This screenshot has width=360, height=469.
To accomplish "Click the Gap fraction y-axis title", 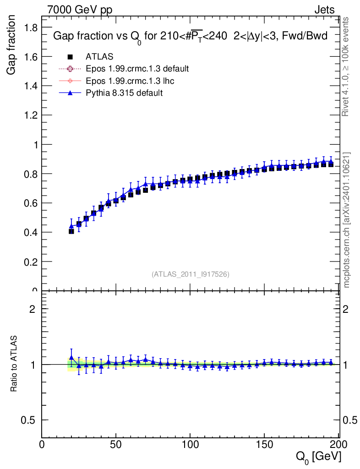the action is (11, 45).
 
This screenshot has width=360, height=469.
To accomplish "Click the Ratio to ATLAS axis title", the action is (14, 364).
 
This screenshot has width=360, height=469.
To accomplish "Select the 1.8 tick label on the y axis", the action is (31, 28).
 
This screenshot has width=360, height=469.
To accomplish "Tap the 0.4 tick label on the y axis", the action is (31, 232).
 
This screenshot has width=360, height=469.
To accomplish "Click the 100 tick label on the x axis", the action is (191, 445).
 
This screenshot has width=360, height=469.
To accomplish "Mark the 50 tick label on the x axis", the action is (116, 445).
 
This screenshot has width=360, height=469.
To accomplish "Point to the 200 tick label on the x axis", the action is (339, 445).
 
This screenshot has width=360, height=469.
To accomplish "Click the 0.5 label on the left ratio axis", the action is (28, 420).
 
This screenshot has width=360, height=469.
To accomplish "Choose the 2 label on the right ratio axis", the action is (345, 309).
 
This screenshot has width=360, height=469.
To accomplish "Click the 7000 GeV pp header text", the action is (80, 10).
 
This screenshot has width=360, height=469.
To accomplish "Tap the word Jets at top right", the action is (324, 10).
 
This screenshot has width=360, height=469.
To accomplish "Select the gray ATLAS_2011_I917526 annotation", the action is (191, 274).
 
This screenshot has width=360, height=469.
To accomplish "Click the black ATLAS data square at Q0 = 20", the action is (71, 231).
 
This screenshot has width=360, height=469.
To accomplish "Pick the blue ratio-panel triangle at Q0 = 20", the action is (71, 358).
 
